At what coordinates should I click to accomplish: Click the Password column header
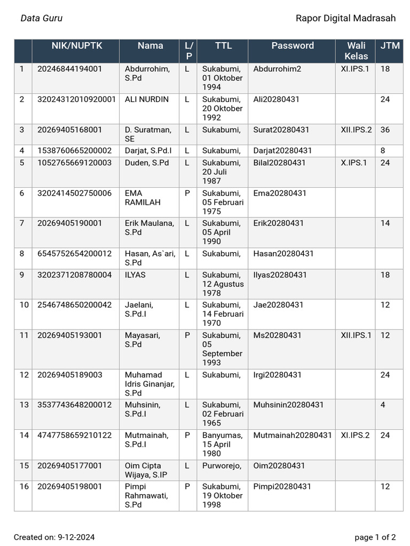click(292, 46)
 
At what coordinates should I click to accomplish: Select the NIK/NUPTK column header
click(76, 46)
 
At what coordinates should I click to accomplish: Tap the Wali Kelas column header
click(356, 51)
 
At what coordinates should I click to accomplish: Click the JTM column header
click(390, 46)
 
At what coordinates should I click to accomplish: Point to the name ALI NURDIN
click(146, 99)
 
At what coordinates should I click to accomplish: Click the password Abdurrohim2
click(277, 69)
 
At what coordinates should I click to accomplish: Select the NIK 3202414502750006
click(74, 193)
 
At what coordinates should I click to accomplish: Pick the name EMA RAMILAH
click(142, 198)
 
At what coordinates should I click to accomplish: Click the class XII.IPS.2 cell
click(356, 130)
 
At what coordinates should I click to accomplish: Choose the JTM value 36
click(385, 130)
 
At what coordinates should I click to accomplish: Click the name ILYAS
click(135, 275)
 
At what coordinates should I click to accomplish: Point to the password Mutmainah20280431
click(293, 435)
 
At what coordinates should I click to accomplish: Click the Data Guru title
click(42, 18)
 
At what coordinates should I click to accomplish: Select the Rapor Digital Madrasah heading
click(345, 18)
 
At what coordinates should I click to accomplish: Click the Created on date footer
click(54, 537)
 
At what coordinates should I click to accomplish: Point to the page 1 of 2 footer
click(375, 537)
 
